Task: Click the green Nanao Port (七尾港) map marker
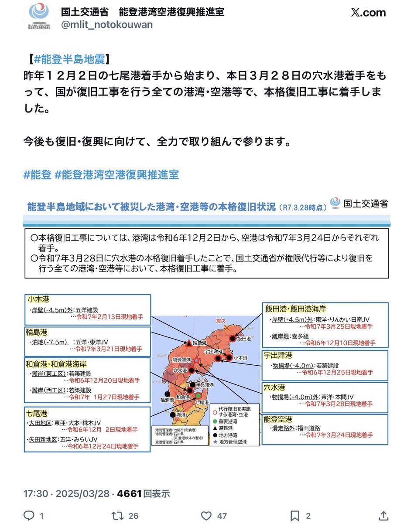(x=198, y=396)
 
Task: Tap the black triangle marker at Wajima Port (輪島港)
(x=188, y=343)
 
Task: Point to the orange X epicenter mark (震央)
(x=226, y=328)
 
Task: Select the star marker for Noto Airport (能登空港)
(x=197, y=360)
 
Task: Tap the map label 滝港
(x=180, y=416)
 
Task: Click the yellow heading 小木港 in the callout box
(x=38, y=299)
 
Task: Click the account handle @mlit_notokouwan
(x=107, y=24)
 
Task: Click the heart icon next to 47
(x=206, y=516)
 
